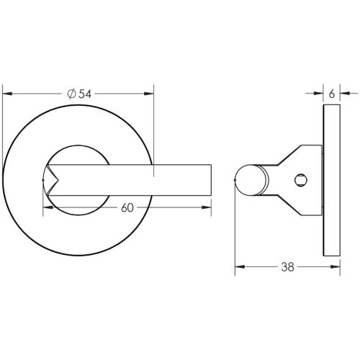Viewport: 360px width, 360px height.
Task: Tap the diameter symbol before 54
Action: coord(71,93)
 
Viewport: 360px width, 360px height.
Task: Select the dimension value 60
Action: coord(127,208)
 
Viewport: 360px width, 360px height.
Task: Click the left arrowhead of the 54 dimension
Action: coord(7,93)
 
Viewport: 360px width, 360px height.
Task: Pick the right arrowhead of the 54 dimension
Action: coord(150,93)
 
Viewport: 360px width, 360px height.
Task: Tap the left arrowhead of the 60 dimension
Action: coord(48,208)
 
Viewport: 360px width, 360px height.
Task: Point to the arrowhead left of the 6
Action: coord(319,93)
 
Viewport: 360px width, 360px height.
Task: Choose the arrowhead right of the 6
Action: coord(345,93)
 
